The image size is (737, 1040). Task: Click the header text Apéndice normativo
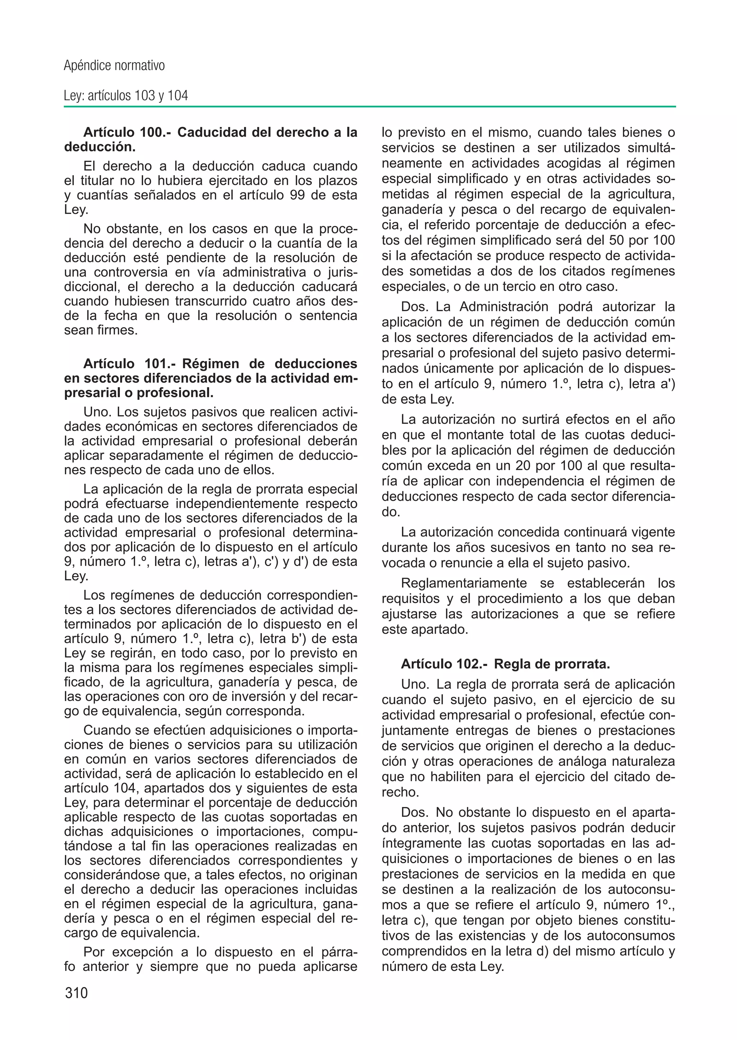[114, 66]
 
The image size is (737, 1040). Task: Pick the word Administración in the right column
[505, 307]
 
